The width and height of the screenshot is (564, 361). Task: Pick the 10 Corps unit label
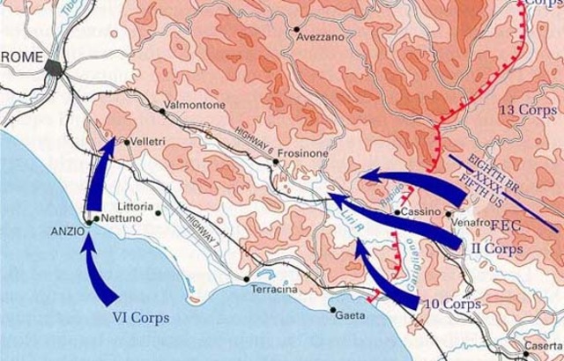453,304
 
